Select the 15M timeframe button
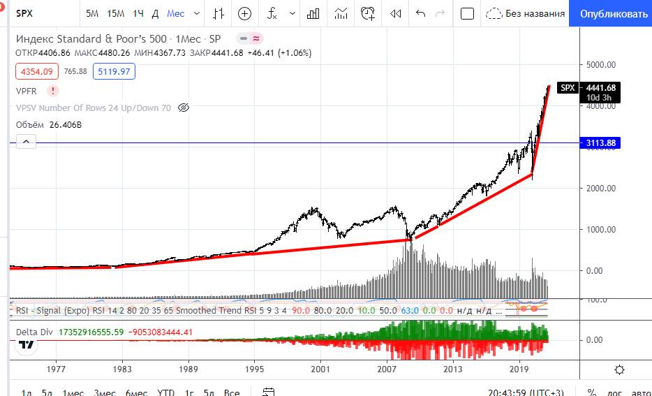[116, 13]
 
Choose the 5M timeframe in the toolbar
[92, 13]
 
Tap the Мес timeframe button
[176, 13]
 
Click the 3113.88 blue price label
[600, 143]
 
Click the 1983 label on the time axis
[122, 369]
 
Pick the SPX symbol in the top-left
[24, 13]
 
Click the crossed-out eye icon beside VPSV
[184, 108]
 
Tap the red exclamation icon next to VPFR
[53, 91]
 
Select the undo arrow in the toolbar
[420, 13]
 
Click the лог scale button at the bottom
[614, 392]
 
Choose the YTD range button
[166, 392]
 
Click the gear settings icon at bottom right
[619, 369]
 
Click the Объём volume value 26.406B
[66, 125]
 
